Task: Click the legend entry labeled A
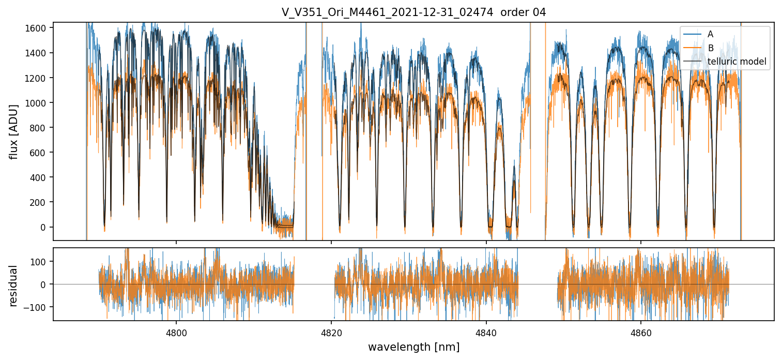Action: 710,34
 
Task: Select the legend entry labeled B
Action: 710,48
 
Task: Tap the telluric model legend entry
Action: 737,62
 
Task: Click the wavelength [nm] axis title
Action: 413,347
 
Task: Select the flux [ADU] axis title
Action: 14,131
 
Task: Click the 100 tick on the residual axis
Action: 39,261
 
